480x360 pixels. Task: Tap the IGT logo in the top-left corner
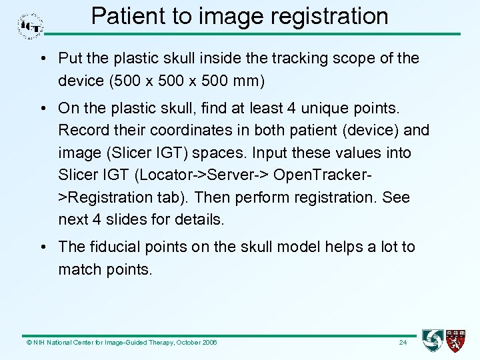point(31,26)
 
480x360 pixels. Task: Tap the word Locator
point(173,175)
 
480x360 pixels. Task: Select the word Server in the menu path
point(239,175)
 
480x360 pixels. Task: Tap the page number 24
point(402,343)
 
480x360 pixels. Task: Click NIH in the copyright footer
point(37,343)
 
